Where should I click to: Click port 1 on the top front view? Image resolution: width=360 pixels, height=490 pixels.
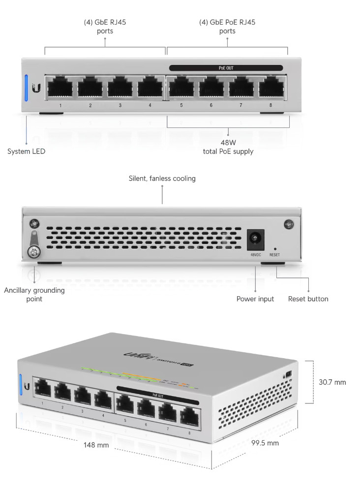coord(60,87)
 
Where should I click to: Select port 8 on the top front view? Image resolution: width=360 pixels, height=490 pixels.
coord(271,87)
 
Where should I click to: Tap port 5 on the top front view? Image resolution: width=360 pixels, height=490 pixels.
coord(181,87)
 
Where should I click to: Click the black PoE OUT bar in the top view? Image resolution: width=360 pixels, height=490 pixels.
coord(226,68)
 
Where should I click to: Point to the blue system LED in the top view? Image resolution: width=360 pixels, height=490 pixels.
coord(27,88)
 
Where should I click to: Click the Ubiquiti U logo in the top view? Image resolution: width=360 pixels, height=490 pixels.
coord(36,89)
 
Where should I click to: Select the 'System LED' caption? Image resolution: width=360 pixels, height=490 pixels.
coord(26,152)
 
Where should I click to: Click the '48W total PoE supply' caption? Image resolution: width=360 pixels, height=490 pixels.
coord(228,147)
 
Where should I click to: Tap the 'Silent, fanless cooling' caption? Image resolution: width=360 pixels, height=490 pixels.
coord(162,179)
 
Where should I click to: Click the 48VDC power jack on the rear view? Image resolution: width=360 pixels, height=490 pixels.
coord(256,240)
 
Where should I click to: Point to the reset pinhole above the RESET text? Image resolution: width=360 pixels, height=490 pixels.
coord(275,249)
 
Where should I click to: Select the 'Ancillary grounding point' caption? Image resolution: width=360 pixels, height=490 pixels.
coord(34,294)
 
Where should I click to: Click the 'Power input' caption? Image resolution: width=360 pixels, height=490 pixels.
coord(255,299)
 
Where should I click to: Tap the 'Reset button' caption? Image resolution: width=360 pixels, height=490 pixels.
coord(308,299)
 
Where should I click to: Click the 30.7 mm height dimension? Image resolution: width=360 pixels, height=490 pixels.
coord(332,382)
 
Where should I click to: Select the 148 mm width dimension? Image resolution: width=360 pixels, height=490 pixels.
coord(96,445)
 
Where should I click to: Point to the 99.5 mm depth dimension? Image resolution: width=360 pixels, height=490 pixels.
coord(265,443)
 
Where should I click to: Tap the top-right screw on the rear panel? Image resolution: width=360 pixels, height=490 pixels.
coord(288,224)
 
